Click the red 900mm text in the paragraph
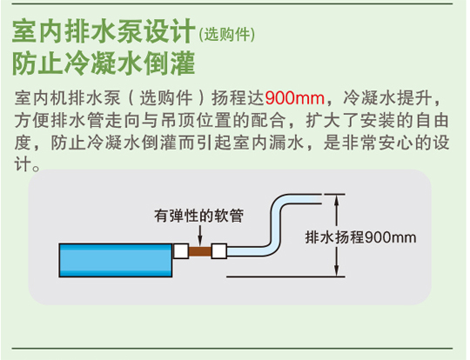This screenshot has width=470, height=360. (x=295, y=98)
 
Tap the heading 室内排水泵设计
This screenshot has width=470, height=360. (x=104, y=30)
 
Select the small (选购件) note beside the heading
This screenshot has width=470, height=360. (x=227, y=35)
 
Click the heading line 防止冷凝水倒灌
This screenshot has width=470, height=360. (x=104, y=63)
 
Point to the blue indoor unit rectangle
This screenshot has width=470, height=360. (x=116, y=260)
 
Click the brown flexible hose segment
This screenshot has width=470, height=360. (x=200, y=251)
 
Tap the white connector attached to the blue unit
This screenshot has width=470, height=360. (x=181, y=251)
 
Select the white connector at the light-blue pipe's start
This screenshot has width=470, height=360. (x=219, y=251)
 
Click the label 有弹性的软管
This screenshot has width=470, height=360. (x=199, y=216)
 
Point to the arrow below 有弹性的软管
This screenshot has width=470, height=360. (x=200, y=235)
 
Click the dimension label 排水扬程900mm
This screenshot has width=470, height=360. (x=361, y=237)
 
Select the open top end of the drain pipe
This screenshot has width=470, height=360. (x=320, y=199)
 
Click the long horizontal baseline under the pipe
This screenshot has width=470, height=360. (x=285, y=277)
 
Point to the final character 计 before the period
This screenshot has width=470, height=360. (x=23, y=164)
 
